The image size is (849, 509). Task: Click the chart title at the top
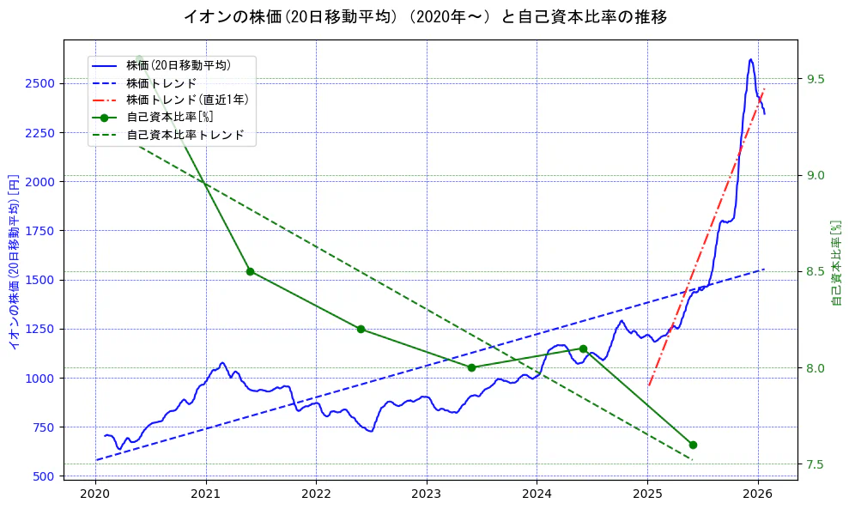click(x=425, y=16)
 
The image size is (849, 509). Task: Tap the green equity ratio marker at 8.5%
click(x=250, y=271)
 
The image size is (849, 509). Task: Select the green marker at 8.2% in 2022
click(x=361, y=329)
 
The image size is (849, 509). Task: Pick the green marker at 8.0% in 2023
click(x=471, y=367)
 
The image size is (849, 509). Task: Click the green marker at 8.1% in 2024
click(x=583, y=348)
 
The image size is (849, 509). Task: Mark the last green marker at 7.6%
click(x=693, y=445)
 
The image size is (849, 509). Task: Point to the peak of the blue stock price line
click(x=750, y=59)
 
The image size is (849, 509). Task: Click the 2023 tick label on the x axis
click(x=427, y=494)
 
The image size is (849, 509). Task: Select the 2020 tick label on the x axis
click(x=95, y=494)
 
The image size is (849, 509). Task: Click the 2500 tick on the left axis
click(x=39, y=83)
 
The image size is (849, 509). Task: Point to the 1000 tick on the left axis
click(x=39, y=378)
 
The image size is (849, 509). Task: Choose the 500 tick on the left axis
click(x=43, y=476)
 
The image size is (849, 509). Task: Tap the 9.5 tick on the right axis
click(x=816, y=79)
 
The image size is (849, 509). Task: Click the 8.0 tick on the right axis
click(x=816, y=368)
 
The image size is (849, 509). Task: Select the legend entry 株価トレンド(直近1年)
click(x=187, y=100)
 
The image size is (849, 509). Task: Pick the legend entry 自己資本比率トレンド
click(x=185, y=135)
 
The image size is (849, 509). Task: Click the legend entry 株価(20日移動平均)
click(x=179, y=64)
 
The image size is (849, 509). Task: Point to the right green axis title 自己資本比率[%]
click(x=837, y=262)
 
